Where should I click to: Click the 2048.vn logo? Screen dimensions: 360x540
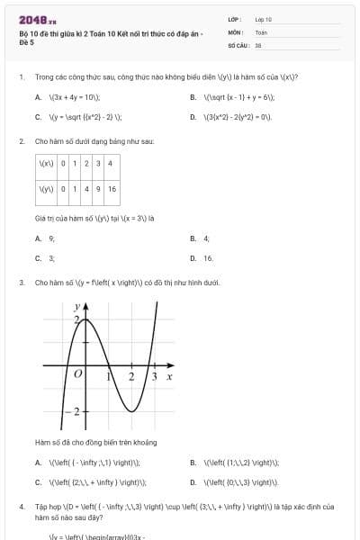pyautogui.click(x=39, y=19)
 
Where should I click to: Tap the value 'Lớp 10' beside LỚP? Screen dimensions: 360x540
pyautogui.click(x=263, y=19)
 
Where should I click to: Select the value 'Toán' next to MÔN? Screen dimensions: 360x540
pyautogui.click(x=261, y=31)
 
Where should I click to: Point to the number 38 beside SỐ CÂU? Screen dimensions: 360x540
pyautogui.click(x=258, y=43)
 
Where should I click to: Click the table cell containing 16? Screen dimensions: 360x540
pyautogui.click(x=112, y=189)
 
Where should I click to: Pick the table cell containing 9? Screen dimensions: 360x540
pyautogui.click(x=97, y=189)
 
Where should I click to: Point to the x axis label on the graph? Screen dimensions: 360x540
pyautogui.click(x=168, y=376)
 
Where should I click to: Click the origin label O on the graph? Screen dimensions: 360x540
pyautogui.click(x=78, y=373)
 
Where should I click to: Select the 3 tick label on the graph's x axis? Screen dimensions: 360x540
pyautogui.click(x=155, y=376)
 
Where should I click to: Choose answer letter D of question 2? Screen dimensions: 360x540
pyautogui.click(x=193, y=257)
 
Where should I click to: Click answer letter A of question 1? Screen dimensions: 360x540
pyautogui.click(x=38, y=96)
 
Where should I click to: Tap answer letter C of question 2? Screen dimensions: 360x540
pyautogui.click(x=38, y=257)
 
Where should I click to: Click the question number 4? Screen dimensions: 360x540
pyautogui.click(x=22, y=507)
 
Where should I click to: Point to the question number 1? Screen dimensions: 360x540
pyautogui.click(x=22, y=77)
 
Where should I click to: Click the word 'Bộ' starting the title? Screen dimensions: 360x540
pyautogui.click(x=22, y=33)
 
